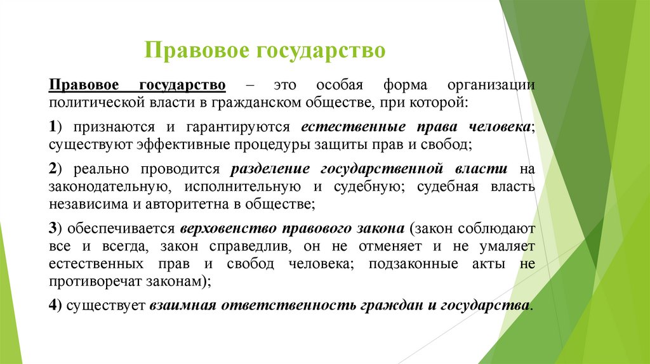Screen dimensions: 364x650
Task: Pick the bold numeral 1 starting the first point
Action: pos(53,127)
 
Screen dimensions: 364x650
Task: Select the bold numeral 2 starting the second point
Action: pos(53,169)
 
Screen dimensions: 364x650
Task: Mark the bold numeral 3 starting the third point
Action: pos(53,229)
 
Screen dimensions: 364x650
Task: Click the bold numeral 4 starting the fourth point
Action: pos(53,305)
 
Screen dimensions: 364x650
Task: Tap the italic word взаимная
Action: pos(183,305)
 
